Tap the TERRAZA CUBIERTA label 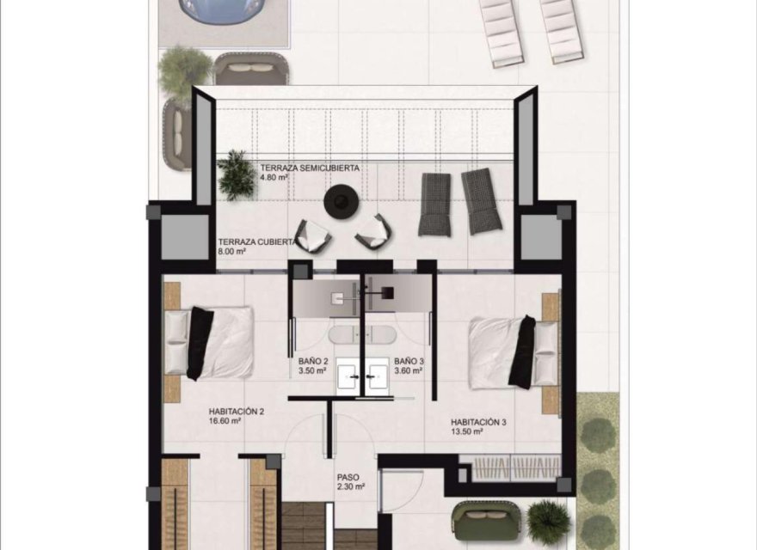258,242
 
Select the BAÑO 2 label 312,362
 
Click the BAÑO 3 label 409,362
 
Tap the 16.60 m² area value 225,422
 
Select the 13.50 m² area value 466,432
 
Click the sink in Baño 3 376,375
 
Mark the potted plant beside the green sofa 547,518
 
